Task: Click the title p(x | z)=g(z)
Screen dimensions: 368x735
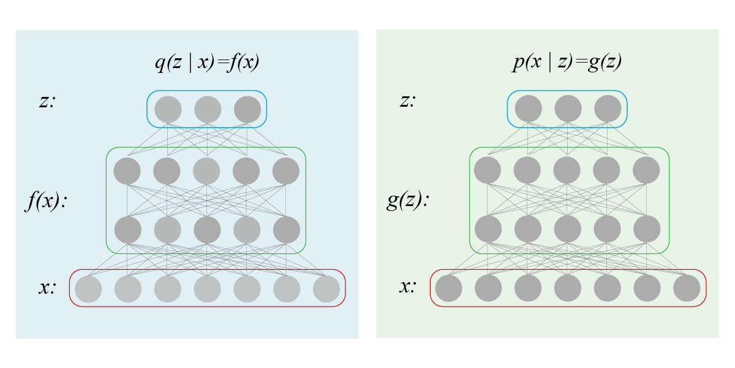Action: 568,63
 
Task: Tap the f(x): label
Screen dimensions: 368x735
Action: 46,202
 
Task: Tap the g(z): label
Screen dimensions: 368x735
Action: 407,201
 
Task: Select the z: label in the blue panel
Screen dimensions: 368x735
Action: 47,101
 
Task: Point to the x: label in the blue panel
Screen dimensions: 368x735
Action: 47,287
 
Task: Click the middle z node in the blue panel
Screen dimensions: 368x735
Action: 208,109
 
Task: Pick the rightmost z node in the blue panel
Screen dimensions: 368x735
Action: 247,109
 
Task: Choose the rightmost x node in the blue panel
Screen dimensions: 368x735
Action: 326,289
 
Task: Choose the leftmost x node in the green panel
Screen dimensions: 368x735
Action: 448,288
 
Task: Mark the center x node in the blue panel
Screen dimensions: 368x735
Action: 208,289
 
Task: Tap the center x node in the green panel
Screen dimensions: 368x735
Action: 568,288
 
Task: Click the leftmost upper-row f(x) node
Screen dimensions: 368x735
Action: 127,171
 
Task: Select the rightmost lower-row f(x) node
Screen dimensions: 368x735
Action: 286,229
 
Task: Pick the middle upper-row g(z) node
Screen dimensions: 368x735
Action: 568,171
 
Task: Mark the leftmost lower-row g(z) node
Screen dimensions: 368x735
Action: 488,229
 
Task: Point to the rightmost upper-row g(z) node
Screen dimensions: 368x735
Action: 647,171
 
